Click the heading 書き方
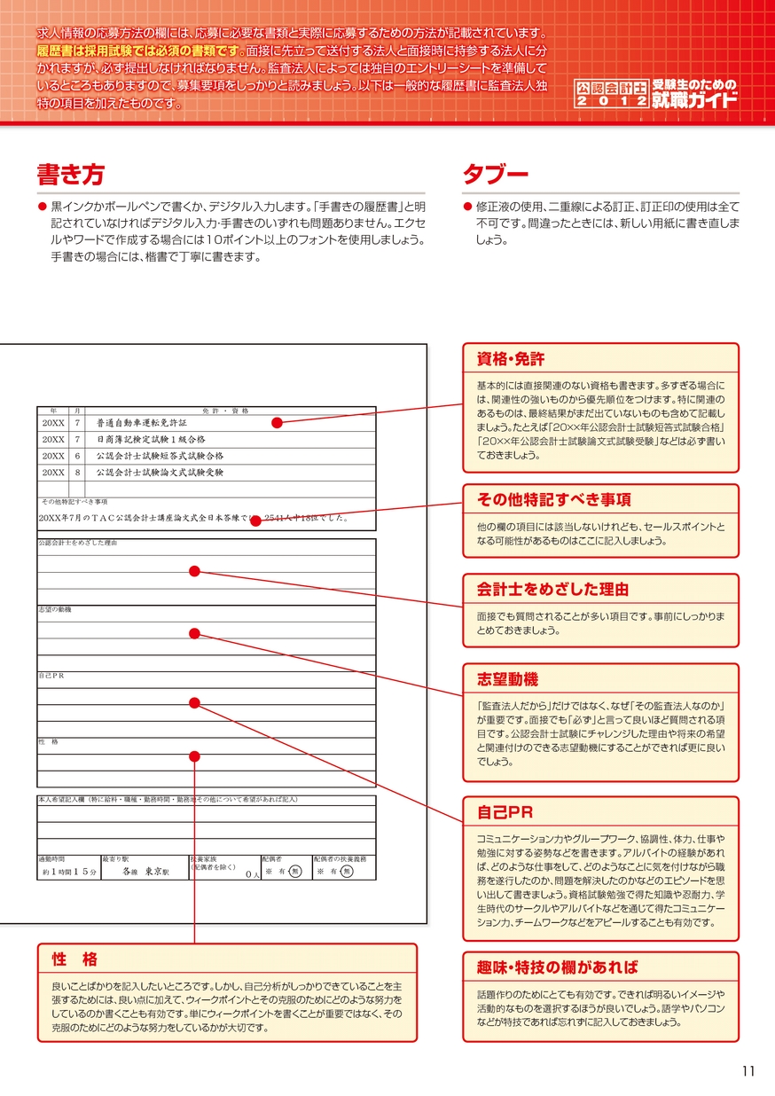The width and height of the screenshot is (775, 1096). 70,174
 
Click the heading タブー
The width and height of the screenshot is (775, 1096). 496,174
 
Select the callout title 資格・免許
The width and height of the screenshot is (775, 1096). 511,359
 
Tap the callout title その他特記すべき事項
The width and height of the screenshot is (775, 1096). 554,499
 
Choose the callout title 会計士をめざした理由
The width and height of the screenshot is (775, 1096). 552,589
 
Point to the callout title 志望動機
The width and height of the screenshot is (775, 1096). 507,679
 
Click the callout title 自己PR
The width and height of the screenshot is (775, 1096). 505,812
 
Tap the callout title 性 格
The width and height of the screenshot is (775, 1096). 74,959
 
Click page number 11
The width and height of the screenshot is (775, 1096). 748,1070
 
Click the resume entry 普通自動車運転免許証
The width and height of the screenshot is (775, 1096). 143,423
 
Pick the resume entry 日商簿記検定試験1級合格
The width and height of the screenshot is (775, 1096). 151,439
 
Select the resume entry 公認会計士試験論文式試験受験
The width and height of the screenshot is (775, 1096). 160,473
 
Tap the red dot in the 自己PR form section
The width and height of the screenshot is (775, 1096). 195,703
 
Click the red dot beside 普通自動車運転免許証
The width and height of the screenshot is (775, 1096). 277,423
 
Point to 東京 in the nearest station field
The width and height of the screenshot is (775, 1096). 157,872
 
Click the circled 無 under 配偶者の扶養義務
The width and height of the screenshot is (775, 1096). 348,872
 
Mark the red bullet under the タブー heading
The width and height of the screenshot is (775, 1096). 468,206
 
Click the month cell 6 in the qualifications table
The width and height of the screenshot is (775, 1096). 78,456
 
